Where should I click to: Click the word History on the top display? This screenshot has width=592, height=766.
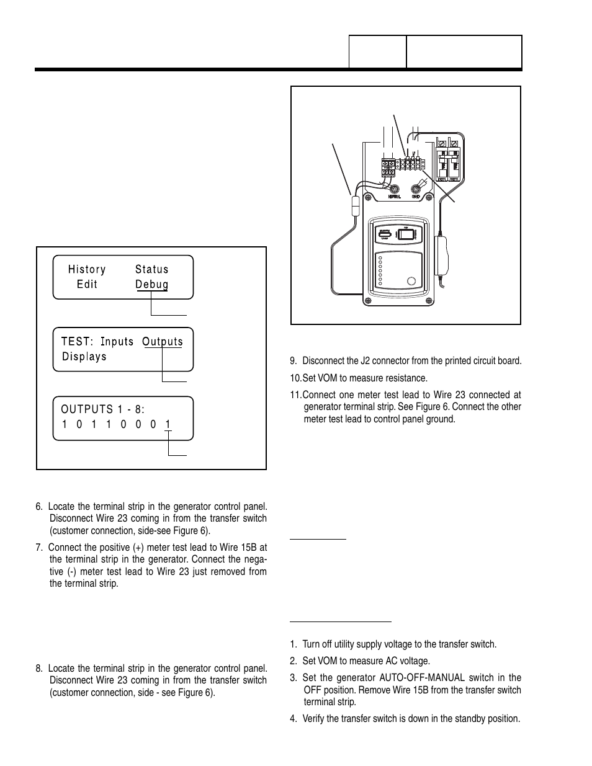pos(87,269)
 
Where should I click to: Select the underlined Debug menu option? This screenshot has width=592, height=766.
pos(152,284)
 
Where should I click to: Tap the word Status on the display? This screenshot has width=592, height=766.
pos(152,269)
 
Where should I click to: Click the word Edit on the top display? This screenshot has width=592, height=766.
pos(87,284)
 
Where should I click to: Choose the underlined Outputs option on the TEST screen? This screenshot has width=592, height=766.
pos(163,342)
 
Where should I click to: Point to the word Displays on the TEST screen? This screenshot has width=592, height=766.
pos(84,357)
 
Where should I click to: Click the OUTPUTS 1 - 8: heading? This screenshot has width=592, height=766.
pos(103,409)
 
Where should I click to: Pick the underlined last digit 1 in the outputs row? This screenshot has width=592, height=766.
pos(168,425)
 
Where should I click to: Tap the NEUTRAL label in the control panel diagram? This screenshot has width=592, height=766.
pos(394,197)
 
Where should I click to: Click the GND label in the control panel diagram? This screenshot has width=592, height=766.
pos(416,197)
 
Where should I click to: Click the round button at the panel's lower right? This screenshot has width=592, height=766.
pos(411,282)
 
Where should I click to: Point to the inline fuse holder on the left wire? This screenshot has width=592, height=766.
pos(356,206)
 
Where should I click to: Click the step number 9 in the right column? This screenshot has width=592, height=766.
pos(294,361)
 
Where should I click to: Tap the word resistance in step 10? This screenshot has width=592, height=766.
pos(405,378)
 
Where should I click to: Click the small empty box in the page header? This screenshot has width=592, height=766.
pos(377,52)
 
